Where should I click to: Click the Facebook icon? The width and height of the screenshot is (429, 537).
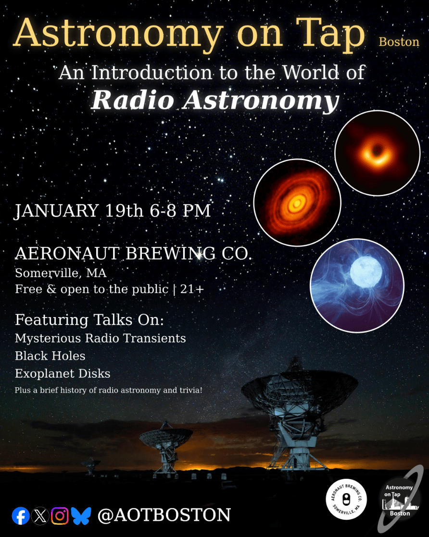pyautogui.click(x=21, y=515)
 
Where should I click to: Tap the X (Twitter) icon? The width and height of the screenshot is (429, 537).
pyautogui.click(x=40, y=515)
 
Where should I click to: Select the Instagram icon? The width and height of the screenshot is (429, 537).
pyautogui.click(x=60, y=515)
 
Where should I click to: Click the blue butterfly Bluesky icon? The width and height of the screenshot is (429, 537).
pyautogui.click(x=81, y=516)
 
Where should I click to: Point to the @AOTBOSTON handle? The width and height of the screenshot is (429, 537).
pyautogui.click(x=164, y=515)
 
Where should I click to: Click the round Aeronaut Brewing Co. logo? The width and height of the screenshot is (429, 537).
pyautogui.click(x=346, y=499)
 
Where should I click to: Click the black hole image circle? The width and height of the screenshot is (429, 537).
pyautogui.click(x=378, y=153)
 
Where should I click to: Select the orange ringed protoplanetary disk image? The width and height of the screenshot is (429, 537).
pyautogui.click(x=297, y=203)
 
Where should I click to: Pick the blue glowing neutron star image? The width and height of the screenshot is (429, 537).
pyautogui.click(x=357, y=285)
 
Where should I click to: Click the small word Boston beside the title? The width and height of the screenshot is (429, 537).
pyautogui.click(x=399, y=42)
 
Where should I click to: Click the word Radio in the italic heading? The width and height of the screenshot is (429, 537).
pyautogui.click(x=133, y=100)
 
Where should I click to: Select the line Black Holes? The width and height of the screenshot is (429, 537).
pyautogui.click(x=50, y=356)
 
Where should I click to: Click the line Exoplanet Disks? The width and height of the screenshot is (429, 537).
pyautogui.click(x=63, y=374)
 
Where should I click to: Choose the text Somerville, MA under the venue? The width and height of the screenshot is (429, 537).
pyautogui.click(x=61, y=273)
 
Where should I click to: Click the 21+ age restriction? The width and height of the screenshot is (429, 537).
pyautogui.click(x=192, y=289)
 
